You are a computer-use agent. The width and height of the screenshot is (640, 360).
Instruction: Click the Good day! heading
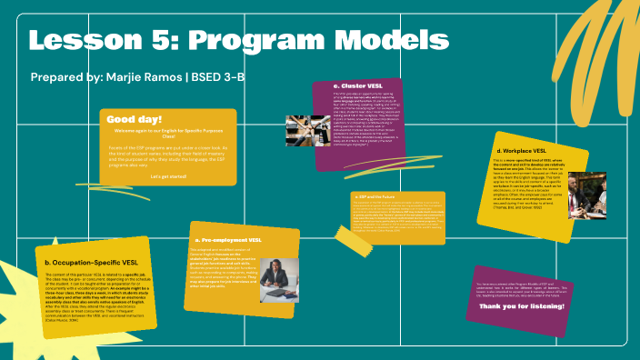(135, 119)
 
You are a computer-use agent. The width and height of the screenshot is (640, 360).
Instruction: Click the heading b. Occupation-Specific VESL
(92, 263)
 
